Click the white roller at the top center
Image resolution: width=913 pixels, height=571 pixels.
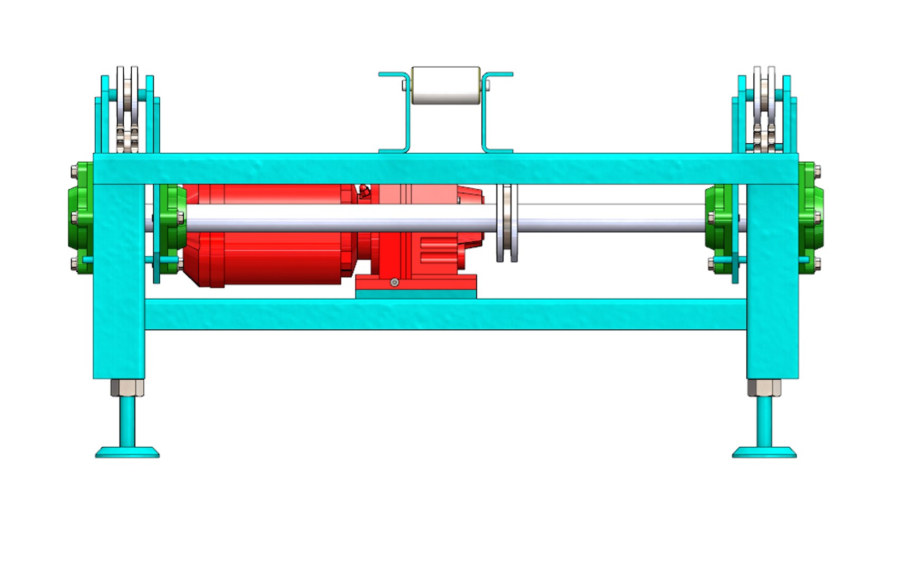[x=445, y=85]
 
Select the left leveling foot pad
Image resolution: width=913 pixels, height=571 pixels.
[x=127, y=452]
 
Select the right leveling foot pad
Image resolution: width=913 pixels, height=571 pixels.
[x=764, y=452]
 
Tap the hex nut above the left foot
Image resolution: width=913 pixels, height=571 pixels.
[x=127, y=388]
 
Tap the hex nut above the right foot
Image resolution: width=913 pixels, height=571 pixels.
[x=764, y=388]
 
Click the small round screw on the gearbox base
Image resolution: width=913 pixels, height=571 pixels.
[x=394, y=282]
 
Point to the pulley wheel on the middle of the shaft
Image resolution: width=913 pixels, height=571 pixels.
[x=507, y=223]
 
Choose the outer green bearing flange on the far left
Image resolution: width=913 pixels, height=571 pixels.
[x=80, y=217]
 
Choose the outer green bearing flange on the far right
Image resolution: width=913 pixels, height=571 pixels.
[x=810, y=217]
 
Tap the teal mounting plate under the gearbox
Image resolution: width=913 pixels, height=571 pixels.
[x=416, y=294]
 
